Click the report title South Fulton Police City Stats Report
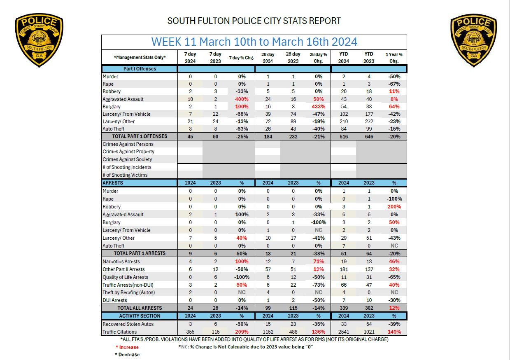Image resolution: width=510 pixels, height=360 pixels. pyautogui.click(x=254, y=21)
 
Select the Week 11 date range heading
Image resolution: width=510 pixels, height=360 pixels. pyautogui.click(x=254, y=42)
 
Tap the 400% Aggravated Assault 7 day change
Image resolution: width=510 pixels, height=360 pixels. pyautogui.click(x=242, y=99)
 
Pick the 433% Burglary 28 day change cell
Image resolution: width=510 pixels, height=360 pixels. pyautogui.click(x=319, y=107)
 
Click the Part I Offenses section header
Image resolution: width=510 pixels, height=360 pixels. pyautogui.click(x=140, y=69)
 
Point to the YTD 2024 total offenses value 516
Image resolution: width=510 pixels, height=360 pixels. pyautogui.click(x=343, y=137)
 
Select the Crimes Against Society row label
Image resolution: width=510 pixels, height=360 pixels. pyautogui.click(x=128, y=159)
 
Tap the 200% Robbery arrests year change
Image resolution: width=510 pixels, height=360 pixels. pyautogui.click(x=394, y=207)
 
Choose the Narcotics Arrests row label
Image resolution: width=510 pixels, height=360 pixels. pyautogui.click(x=121, y=262)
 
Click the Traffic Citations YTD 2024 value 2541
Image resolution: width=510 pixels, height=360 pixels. pyautogui.click(x=343, y=332)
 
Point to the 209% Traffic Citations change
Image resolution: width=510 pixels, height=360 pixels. pyautogui.click(x=242, y=332)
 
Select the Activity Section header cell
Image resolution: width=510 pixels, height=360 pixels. pyautogui.click(x=140, y=316)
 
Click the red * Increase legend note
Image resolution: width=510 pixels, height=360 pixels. pyautogui.click(x=127, y=347)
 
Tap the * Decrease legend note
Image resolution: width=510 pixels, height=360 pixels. pyautogui.click(x=127, y=355)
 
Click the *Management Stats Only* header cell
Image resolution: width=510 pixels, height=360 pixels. pyautogui.click(x=140, y=58)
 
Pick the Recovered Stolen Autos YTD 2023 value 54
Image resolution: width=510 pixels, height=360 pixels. pyautogui.click(x=369, y=324)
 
